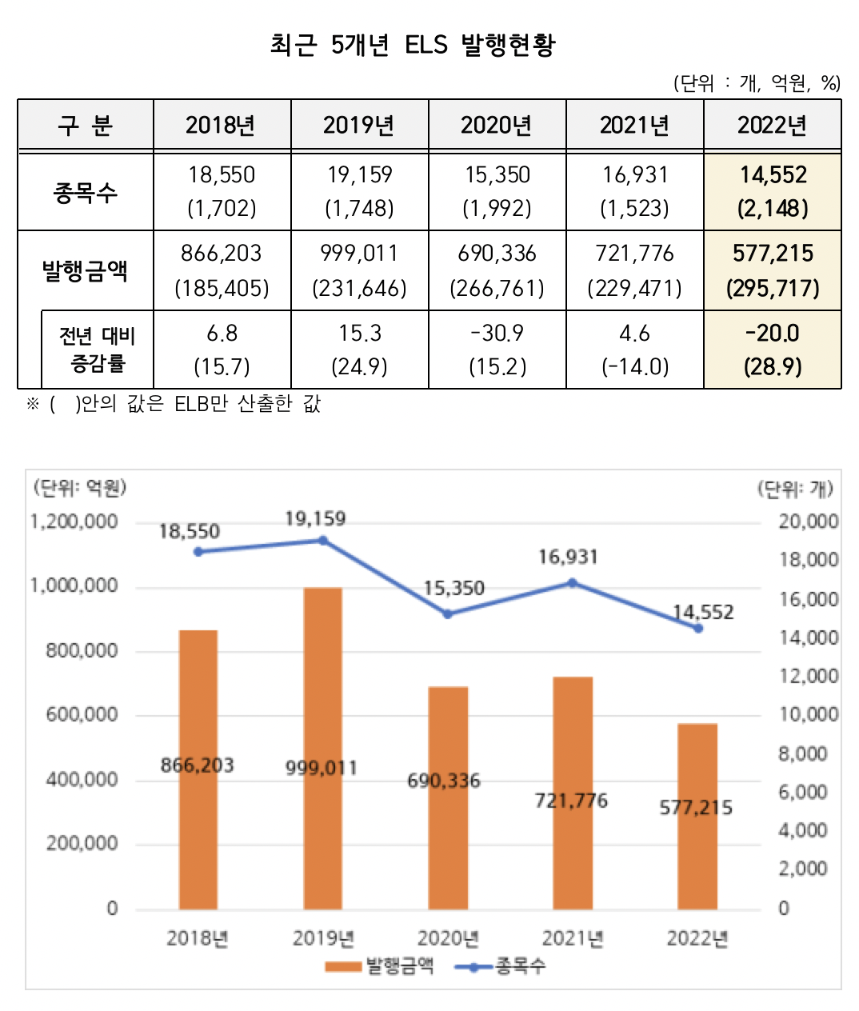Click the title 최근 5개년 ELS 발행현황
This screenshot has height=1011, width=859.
pyautogui.click(x=412, y=44)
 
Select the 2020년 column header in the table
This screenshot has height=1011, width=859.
pyautogui.click(x=497, y=125)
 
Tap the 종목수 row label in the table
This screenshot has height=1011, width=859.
pyautogui.click(x=86, y=192)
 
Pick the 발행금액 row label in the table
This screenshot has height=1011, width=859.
pyautogui.click(x=86, y=270)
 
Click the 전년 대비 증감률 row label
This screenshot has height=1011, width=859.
pyautogui.click(x=98, y=350)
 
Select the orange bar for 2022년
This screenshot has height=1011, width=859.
pyautogui.click(x=697, y=816)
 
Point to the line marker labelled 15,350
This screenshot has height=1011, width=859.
pyautogui.click(x=448, y=614)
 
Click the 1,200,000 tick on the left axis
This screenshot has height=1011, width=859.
pyautogui.click(x=74, y=521)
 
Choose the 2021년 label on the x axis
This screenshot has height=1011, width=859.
pyautogui.click(x=573, y=938)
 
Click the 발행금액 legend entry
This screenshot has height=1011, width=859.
pyautogui.click(x=381, y=966)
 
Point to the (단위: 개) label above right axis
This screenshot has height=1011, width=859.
pyautogui.click(x=795, y=488)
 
